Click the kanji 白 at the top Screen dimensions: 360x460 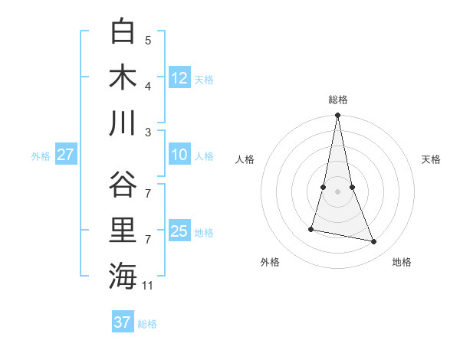click(123, 31)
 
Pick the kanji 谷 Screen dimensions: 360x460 click(123, 185)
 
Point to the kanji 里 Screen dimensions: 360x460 click(123, 231)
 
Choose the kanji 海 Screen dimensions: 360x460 click(123, 276)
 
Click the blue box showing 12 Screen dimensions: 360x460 click(179, 77)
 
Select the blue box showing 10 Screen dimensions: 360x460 click(179, 155)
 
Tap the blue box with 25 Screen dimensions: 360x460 click(179, 231)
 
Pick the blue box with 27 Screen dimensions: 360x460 click(65, 155)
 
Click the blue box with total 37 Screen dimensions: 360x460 click(122, 322)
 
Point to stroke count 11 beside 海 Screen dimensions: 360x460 click(148, 286)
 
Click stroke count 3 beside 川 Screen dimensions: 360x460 click(148, 132)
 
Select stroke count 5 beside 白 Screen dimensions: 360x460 click(148, 41)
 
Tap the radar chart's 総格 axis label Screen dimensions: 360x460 click(338, 100)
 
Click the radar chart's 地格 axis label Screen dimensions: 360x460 click(402, 262)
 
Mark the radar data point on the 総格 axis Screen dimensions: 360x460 click(338, 116)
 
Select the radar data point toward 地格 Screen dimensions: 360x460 click(374, 242)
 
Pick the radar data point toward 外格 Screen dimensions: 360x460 click(311, 229)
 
